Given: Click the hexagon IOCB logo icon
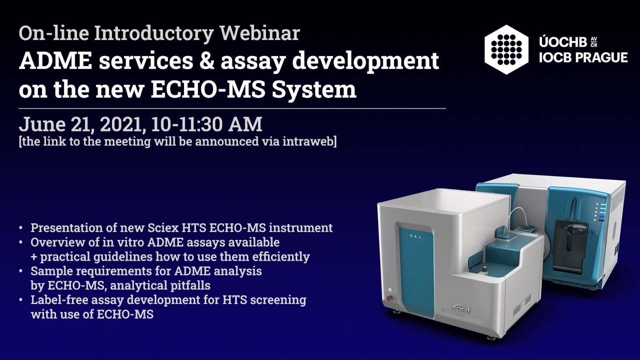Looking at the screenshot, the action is pyautogui.click(x=506, y=50).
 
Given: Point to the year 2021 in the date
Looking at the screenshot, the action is pyautogui.click(x=120, y=124).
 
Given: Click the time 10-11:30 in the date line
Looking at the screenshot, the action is pyautogui.click(x=187, y=124).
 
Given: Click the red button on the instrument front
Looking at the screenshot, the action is pyautogui.click(x=389, y=298).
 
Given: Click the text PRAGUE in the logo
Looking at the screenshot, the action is pyautogui.click(x=601, y=58).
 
